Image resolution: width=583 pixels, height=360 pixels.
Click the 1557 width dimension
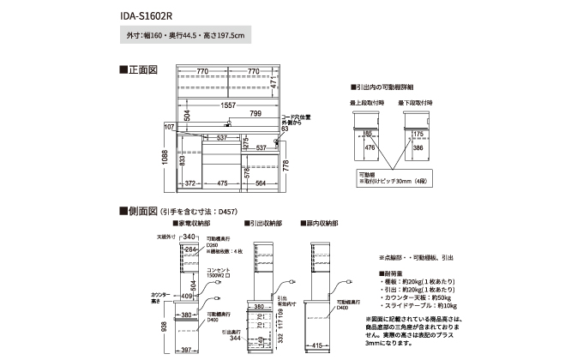coord(227,105)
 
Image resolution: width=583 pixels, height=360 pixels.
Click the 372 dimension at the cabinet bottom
coord(192,183)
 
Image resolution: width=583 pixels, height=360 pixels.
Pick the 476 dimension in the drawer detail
coord(370,147)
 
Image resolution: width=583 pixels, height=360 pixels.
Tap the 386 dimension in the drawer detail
coord(418,147)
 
